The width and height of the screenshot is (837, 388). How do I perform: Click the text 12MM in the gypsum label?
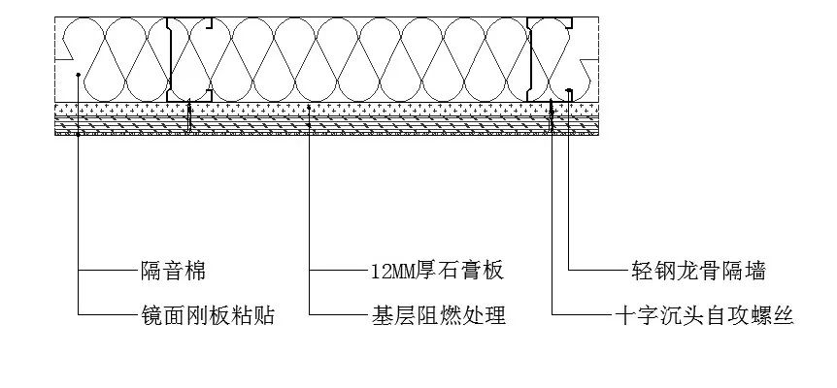point(392,271)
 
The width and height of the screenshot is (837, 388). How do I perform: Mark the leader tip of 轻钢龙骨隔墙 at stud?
point(568,93)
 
